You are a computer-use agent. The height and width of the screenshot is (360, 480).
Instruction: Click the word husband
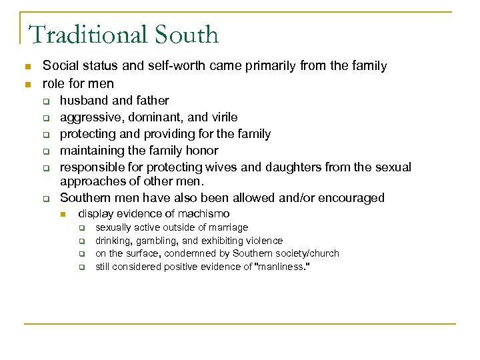click(82, 101)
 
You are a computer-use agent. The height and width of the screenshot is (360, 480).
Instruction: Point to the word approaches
click(89, 181)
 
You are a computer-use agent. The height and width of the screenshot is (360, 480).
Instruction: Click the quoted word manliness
click(283, 267)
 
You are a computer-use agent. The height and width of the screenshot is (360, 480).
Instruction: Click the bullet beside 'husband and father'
click(47, 101)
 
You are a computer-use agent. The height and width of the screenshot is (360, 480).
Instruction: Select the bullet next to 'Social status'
click(27, 66)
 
